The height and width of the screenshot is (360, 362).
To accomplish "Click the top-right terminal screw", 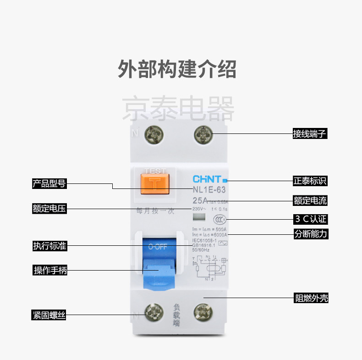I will pyautogui.click(x=203, y=134).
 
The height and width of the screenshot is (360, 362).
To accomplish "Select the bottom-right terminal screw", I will pyautogui.click(x=203, y=314).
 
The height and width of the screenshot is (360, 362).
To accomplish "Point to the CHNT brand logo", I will pyautogui.click(x=208, y=179).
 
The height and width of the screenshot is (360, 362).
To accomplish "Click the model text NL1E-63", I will pyautogui.click(x=208, y=189).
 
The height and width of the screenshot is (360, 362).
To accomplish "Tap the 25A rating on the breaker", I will pyautogui.click(x=200, y=200).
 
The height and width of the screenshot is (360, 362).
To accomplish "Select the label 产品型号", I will pyautogui.click(x=49, y=184).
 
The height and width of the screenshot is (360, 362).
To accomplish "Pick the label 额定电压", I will pyautogui.click(x=49, y=209).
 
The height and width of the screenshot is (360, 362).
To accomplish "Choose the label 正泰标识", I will pyautogui.click(x=310, y=181).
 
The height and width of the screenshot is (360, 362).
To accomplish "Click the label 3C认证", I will pyautogui.click(x=310, y=218).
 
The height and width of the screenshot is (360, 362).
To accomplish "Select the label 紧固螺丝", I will pyautogui.click(x=49, y=316).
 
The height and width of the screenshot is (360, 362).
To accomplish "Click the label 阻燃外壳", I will pyautogui.click(x=311, y=298).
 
